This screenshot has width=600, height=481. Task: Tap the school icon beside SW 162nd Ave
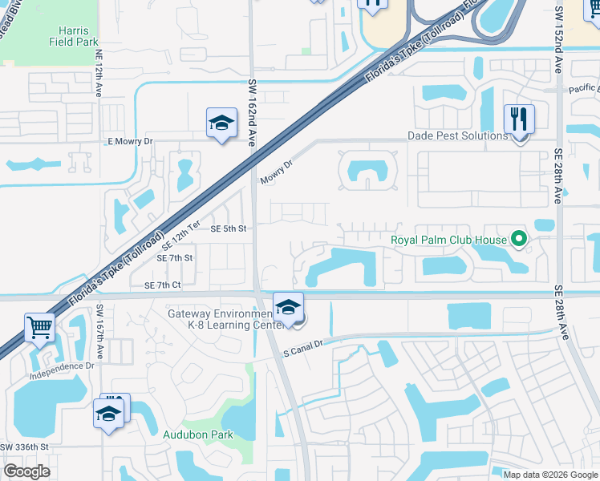click(x=221, y=123)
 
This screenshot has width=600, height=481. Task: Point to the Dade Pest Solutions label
click(x=457, y=135)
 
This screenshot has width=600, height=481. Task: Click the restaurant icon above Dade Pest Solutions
click(x=519, y=120)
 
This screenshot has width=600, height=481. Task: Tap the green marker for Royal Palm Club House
click(x=518, y=238)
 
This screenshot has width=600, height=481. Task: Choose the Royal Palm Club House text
click(x=448, y=240)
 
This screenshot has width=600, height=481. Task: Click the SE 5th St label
click(x=227, y=228)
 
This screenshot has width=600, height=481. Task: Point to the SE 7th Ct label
click(x=162, y=285)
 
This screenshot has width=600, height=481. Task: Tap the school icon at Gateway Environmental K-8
click(x=288, y=307)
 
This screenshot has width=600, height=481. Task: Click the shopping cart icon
click(x=39, y=327)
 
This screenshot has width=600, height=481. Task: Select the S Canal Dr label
click(x=302, y=350)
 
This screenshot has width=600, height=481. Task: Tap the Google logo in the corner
click(x=26, y=471)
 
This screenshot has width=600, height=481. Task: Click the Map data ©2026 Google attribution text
click(x=550, y=475)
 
